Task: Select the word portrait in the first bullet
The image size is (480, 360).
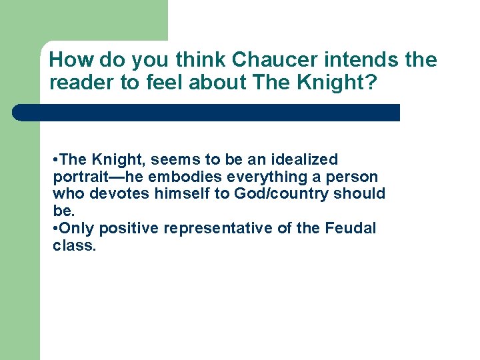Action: coord(76,177)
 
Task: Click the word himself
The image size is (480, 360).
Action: coord(176,194)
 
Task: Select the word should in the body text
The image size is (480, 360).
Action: coord(361,194)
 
